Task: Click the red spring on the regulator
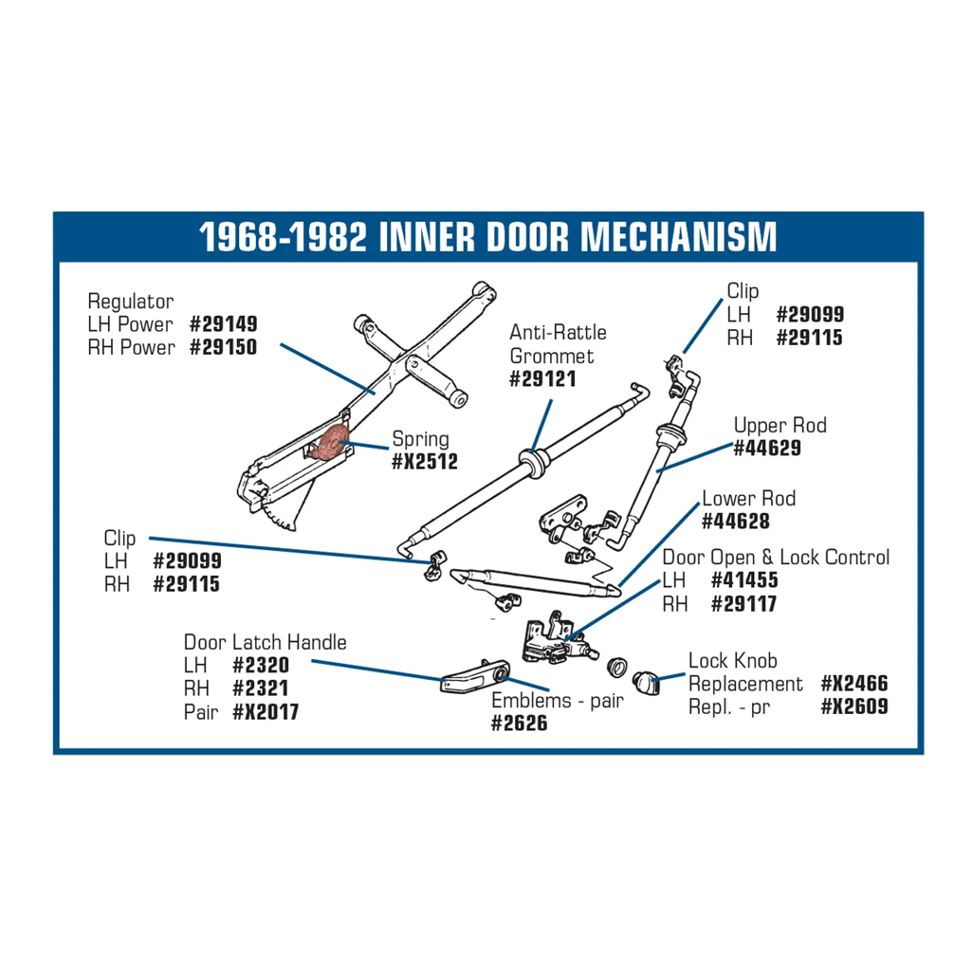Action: click(x=328, y=443)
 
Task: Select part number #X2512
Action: click(x=425, y=462)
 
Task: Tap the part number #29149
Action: click(x=223, y=324)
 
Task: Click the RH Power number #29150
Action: click(x=223, y=347)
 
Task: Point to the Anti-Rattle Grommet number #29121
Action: click(x=543, y=378)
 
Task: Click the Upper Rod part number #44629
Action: click(x=767, y=449)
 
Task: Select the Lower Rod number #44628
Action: click(x=736, y=522)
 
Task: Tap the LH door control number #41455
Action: click(x=744, y=580)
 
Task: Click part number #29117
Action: click(x=743, y=604)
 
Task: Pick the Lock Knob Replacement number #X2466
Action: click(x=854, y=684)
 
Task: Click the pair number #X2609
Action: click(x=854, y=706)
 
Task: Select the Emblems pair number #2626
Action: click(x=520, y=724)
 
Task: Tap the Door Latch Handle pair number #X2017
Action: click(x=266, y=711)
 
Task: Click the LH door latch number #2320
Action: click(x=261, y=665)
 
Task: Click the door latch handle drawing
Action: click(x=475, y=677)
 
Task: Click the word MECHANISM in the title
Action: click(x=678, y=237)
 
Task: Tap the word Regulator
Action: click(x=131, y=302)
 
